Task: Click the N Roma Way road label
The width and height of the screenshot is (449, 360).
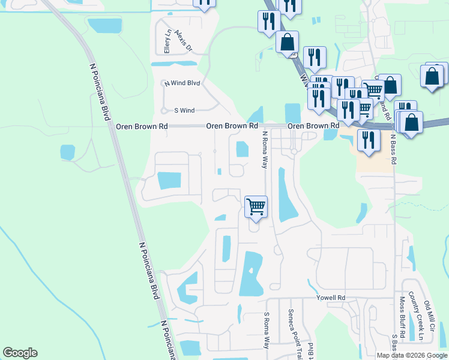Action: [x=264, y=151]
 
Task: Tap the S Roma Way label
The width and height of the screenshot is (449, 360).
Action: [x=267, y=329]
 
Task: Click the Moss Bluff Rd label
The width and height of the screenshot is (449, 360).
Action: [x=402, y=316]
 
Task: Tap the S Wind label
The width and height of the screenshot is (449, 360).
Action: [x=184, y=110]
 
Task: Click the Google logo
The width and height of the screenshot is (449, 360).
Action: [x=20, y=353]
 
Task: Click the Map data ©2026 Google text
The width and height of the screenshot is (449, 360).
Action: [x=412, y=355]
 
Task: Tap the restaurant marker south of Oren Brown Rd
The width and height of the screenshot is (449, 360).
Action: [x=367, y=139]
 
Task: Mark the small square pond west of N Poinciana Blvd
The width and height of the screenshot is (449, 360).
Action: [x=68, y=152]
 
